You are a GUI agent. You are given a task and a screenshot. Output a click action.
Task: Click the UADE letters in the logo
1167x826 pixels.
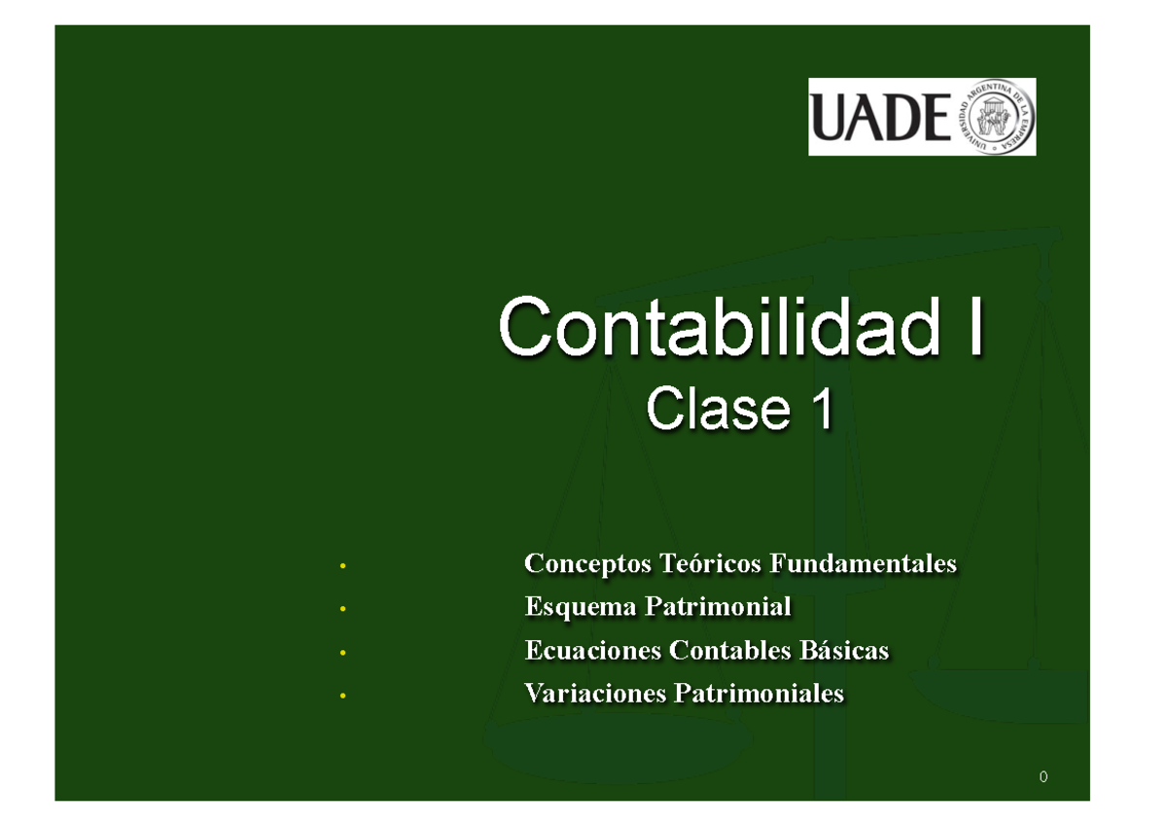coord(881,118)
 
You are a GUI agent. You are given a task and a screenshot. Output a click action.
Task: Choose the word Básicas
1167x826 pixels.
coord(843,650)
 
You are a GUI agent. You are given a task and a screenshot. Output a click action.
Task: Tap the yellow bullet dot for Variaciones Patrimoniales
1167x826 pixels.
coord(342,697)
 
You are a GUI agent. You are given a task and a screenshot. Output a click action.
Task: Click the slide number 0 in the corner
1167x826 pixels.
coord(1043,777)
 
